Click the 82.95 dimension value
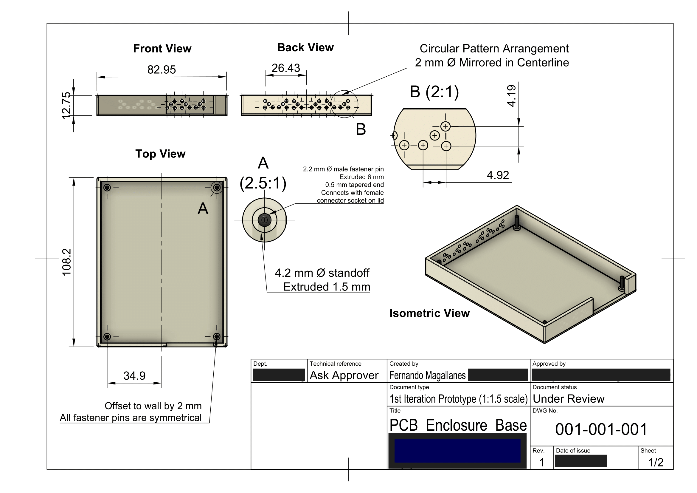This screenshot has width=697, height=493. tap(162, 69)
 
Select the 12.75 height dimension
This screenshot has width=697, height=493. tap(66, 105)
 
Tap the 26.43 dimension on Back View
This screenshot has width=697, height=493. tap(286, 68)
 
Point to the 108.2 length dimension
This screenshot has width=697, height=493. tap(66, 262)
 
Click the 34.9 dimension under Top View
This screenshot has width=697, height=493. tap(134, 376)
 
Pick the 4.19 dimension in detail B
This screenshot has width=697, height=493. tap(511, 96)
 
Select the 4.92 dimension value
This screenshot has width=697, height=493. tap(498, 175)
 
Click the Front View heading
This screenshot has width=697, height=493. tap(162, 49)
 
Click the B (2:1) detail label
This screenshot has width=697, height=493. tap(434, 92)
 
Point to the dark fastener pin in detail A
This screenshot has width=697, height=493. tap(264, 220)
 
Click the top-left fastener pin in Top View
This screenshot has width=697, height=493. tap(107, 188)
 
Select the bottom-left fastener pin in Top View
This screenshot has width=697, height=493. tap(107, 336)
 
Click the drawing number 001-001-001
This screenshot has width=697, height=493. tap(601, 429)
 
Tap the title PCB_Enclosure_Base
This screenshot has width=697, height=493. tap(458, 425)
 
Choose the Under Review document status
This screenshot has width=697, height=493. tap(569, 398)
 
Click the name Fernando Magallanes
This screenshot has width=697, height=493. tap(427, 375)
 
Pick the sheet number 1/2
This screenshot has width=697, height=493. tap(656, 462)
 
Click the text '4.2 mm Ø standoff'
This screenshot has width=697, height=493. tap(322, 273)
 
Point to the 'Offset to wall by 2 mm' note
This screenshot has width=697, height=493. tap(153, 406)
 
